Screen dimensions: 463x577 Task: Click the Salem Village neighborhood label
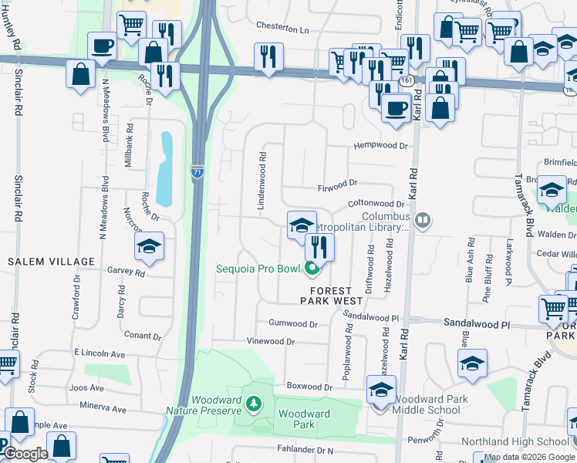40,262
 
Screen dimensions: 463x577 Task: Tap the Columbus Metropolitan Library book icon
422,221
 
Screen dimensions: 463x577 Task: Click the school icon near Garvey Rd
148,247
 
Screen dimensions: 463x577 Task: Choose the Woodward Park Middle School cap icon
381,390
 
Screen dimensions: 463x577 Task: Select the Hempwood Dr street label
380,145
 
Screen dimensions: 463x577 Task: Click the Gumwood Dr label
292,323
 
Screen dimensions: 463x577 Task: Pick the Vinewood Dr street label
270,341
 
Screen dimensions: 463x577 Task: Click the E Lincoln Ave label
100,353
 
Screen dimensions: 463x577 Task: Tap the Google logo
25,454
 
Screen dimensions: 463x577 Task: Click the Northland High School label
515,441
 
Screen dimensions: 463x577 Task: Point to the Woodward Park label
304,419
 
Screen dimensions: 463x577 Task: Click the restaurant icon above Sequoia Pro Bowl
319,247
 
